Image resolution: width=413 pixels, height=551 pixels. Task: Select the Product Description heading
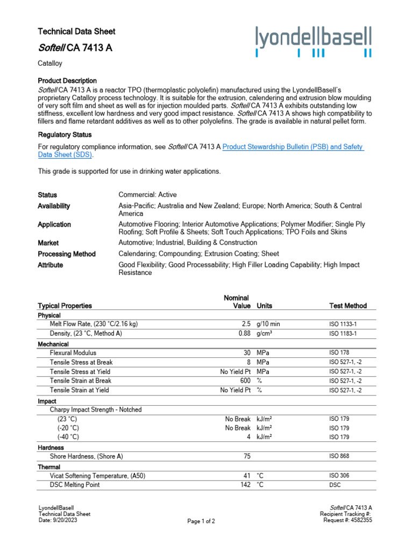(67, 81)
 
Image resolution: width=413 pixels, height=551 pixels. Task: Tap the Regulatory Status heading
(65, 135)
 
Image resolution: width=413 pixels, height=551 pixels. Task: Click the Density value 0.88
(244, 334)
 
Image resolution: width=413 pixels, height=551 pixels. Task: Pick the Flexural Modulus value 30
(247, 352)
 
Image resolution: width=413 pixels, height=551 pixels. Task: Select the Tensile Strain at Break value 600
(245, 381)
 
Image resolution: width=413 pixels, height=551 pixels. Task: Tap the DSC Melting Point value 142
(245, 485)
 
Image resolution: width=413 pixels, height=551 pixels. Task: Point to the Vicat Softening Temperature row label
(97, 476)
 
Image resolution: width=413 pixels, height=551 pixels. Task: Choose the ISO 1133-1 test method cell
(343, 324)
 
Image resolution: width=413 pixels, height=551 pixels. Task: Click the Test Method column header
(347, 306)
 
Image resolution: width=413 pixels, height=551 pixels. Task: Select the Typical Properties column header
(65, 306)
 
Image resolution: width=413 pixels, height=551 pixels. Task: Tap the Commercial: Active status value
(147, 195)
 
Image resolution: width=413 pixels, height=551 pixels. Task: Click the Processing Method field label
(67, 254)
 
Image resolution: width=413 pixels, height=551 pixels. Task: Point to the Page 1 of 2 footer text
(201, 521)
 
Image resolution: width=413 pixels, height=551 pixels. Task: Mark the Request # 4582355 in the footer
(348, 520)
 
